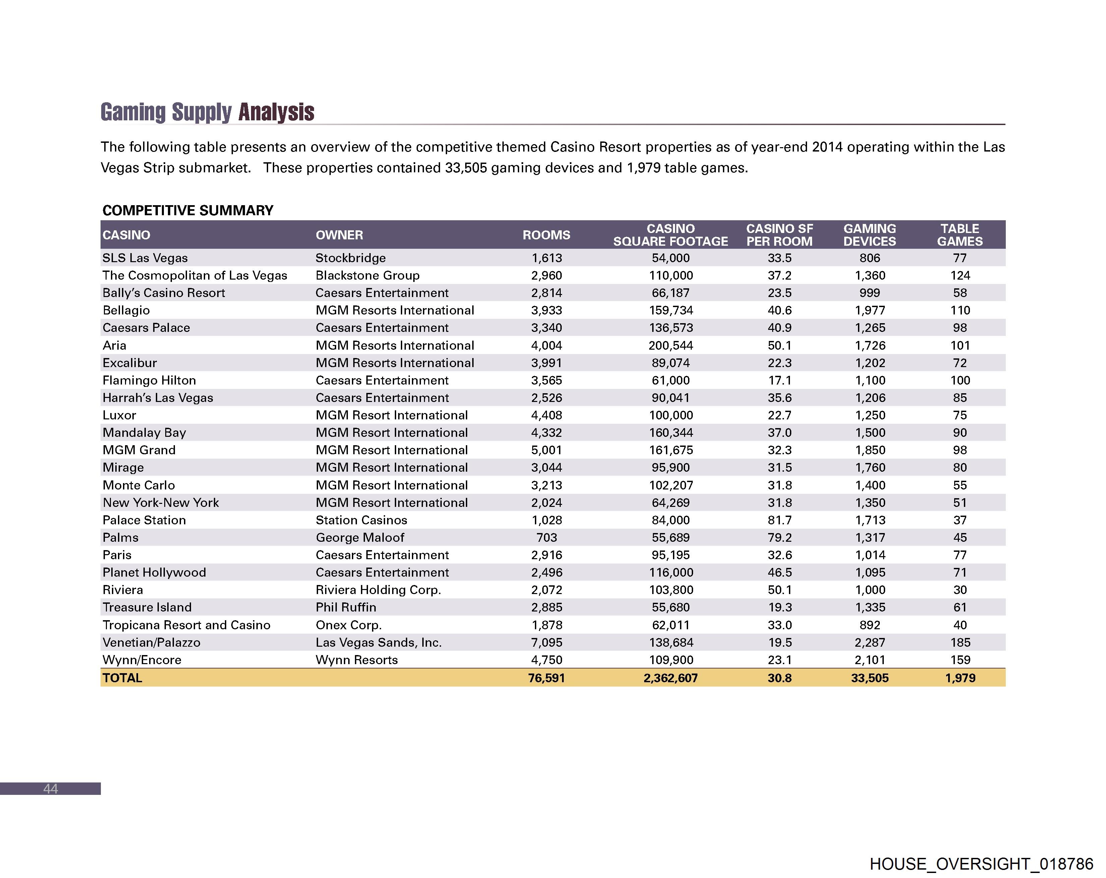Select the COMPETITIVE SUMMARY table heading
point(188,211)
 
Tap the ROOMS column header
point(546,235)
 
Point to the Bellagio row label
point(126,310)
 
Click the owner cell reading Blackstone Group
point(367,276)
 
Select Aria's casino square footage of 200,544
point(671,345)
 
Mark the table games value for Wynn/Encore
point(960,660)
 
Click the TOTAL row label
point(122,678)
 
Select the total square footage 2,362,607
point(671,678)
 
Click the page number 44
point(50,789)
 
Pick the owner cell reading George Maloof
point(360,538)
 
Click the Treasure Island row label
point(147,607)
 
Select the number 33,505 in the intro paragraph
point(466,168)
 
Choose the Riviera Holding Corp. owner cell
point(378,590)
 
